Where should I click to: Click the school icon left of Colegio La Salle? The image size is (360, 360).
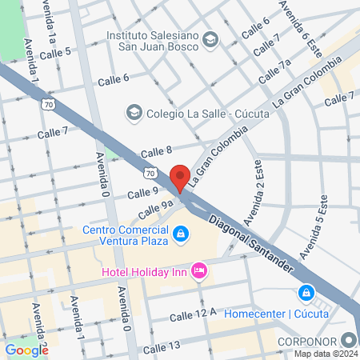(134, 112)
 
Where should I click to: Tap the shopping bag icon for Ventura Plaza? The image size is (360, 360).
(182, 233)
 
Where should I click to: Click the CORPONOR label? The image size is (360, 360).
(310, 340)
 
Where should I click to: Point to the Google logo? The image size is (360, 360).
(26, 350)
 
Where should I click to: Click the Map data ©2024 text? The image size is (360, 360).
(323, 353)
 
